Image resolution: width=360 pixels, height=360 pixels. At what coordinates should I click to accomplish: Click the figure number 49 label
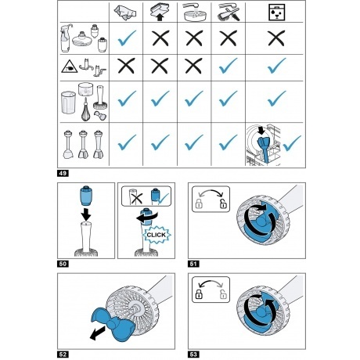63,173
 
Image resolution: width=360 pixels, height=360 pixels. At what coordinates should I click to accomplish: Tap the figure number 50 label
63,264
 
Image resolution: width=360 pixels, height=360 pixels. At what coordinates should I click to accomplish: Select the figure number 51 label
193,264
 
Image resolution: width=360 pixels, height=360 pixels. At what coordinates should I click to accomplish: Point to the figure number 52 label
63,355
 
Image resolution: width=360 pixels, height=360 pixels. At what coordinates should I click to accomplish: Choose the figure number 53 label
193,355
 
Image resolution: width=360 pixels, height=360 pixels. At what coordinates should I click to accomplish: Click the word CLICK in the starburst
157,235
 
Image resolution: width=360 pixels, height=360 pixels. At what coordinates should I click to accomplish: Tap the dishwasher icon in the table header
277,12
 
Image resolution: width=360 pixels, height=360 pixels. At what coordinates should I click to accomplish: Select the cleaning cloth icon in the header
125,13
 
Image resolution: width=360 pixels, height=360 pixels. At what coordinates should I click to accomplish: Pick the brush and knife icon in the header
229,13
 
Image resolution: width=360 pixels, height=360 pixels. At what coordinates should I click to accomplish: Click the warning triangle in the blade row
69,67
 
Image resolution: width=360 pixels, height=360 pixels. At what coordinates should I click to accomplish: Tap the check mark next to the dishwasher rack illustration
292,143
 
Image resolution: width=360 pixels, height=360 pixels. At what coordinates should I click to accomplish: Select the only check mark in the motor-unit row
127,38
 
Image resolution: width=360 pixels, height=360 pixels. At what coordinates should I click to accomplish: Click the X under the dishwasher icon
276,38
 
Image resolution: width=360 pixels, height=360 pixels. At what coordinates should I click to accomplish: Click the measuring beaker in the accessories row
68,103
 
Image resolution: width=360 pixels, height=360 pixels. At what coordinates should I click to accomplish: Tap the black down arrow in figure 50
86,214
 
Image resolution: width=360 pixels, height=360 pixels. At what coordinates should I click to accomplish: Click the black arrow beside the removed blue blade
97,333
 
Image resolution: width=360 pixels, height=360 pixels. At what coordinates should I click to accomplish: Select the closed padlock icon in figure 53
199,294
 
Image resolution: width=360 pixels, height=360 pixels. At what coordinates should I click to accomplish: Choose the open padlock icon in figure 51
223,203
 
